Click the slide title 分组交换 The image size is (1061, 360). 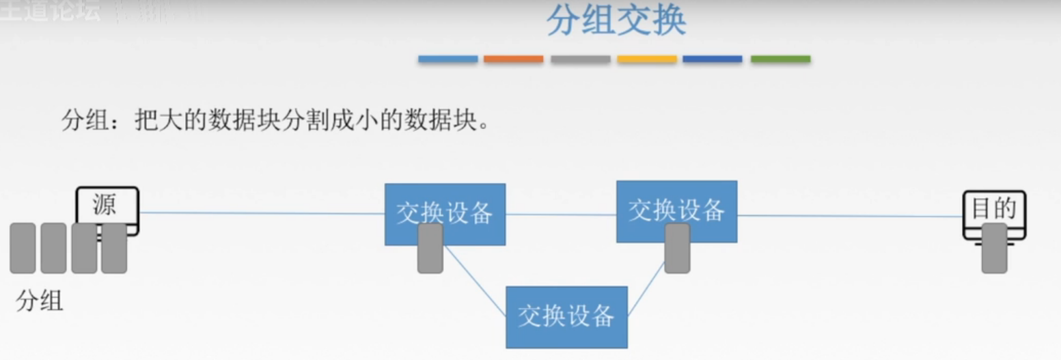tap(616, 22)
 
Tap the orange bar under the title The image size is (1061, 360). tap(513, 59)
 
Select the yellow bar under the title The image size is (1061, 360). tap(646, 59)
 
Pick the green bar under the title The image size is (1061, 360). tap(780, 59)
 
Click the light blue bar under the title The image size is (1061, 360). tap(447, 59)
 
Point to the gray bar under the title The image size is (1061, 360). tap(580, 59)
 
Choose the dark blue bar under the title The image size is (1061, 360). tap(712, 59)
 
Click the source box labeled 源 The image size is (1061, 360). tap(107, 204)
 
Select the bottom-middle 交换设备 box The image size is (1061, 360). tap(566, 317)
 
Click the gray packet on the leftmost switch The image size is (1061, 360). tap(430, 249)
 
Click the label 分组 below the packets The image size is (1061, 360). tap(40, 301)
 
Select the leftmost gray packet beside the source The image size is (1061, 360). tap(23, 248)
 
